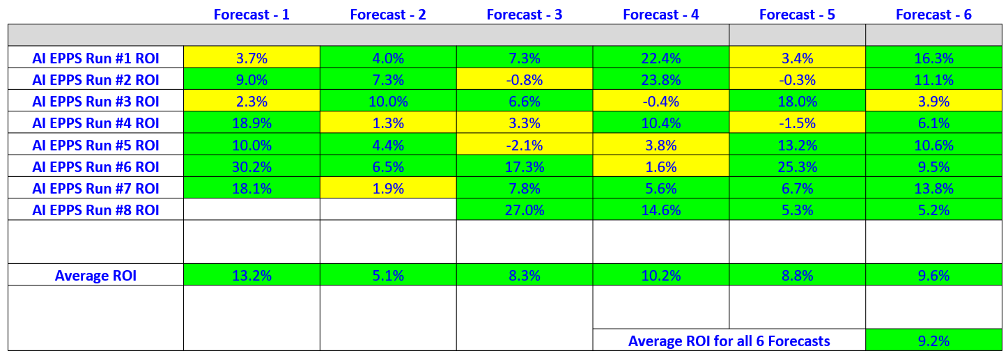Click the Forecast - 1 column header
[251, 15]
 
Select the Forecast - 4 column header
[660, 15]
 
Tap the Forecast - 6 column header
[933, 15]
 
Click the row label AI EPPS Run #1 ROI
[95, 58]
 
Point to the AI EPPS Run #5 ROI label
[95, 146]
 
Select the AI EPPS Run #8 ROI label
[95, 210]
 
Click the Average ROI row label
[95, 276]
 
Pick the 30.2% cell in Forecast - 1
[251, 167]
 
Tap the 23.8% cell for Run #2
[660, 80]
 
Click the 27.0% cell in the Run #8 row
[525, 210]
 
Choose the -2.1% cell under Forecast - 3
[525, 146]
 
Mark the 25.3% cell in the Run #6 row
[797, 167]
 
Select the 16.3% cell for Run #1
[933, 58]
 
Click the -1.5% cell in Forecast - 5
[797, 124]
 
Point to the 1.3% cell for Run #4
[388, 124]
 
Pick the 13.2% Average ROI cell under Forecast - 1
[251, 276]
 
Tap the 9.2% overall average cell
[933, 341]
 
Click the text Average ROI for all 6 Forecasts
[729, 341]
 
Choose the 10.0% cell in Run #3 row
[388, 102]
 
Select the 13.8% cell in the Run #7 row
[933, 188]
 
